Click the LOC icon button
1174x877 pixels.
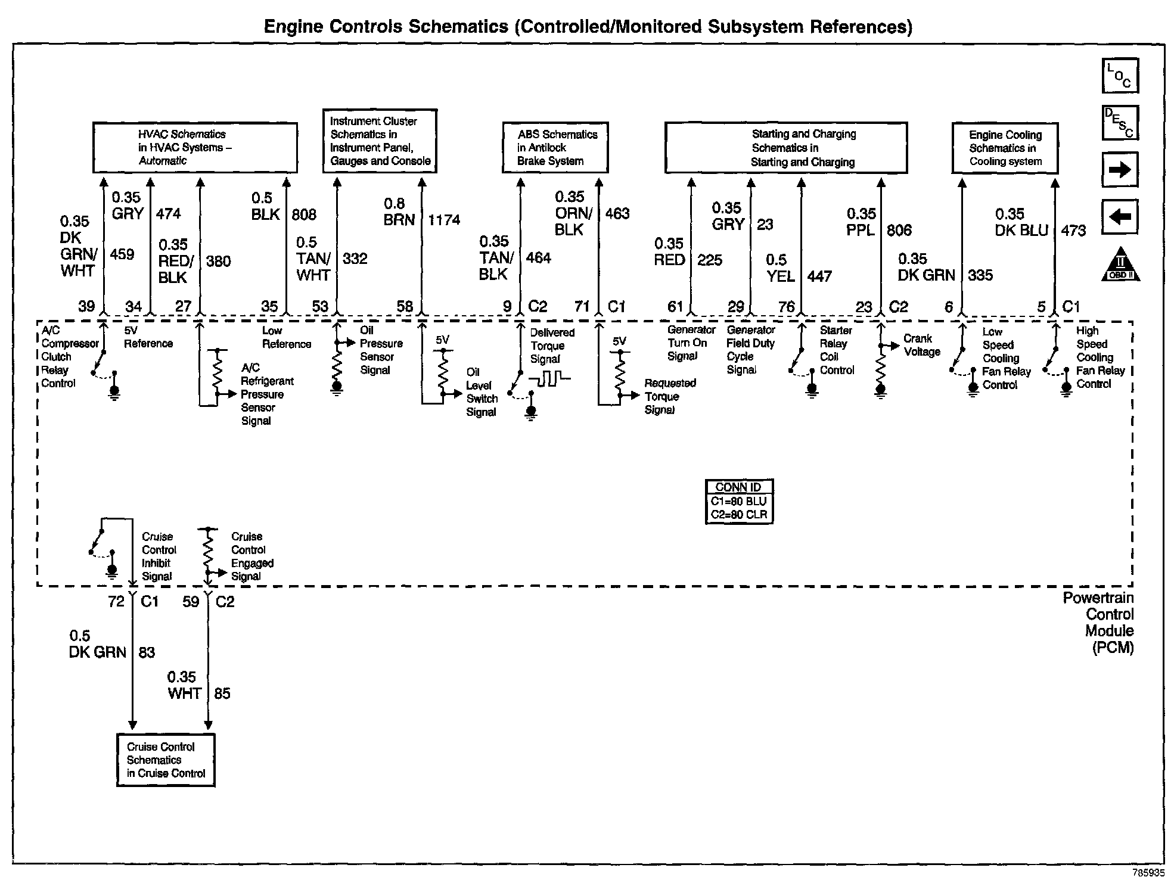(x=1120, y=76)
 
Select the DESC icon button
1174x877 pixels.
(x=1120, y=123)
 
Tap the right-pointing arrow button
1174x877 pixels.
(x=1120, y=170)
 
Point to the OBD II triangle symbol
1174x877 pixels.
(x=1120, y=265)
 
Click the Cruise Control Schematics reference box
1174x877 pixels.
(x=166, y=760)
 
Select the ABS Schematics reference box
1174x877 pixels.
(x=555, y=148)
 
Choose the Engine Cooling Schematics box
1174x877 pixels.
(x=1005, y=148)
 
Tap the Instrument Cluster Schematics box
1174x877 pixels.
(x=380, y=141)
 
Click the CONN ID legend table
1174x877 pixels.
(x=738, y=502)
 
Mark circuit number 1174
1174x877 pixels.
(x=444, y=220)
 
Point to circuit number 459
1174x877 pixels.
(x=122, y=254)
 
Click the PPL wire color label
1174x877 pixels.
(x=861, y=230)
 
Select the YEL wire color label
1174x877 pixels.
(x=781, y=276)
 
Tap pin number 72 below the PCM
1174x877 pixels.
(x=116, y=602)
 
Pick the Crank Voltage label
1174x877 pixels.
(x=921, y=345)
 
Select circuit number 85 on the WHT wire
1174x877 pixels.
(x=222, y=693)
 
